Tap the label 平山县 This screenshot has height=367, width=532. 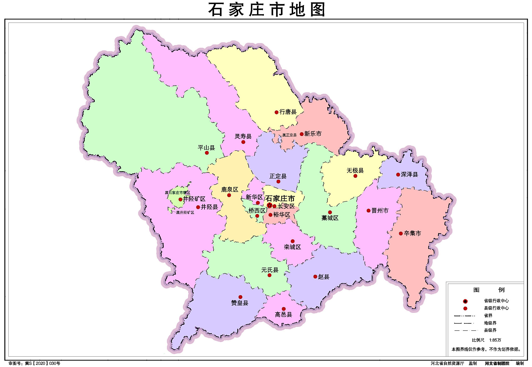pos(206,148)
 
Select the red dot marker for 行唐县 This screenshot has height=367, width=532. pos(276,112)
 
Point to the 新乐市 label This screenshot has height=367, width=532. pos(313,134)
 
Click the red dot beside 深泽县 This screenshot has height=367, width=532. pos(398,174)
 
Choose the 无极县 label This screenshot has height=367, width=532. pos(355,170)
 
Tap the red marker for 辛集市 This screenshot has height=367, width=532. pos(401,233)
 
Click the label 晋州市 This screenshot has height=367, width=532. pos(380,211)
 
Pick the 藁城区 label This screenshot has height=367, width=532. pos(330,218)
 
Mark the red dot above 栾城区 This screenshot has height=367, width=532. pos(292,241)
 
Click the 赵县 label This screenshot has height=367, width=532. pos(324,277)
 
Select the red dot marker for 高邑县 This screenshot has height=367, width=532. pos(284,309)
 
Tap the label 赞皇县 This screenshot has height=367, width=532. pos(239,303)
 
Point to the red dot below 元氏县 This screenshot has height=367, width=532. pos(269,275)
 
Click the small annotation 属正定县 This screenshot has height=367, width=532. pos(289,135)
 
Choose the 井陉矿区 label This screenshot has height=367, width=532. pos(194,199)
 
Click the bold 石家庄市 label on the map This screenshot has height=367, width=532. pos(280,198)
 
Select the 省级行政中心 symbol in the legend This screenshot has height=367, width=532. pos(465,301)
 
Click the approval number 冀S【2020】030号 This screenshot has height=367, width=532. pos(43,363)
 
